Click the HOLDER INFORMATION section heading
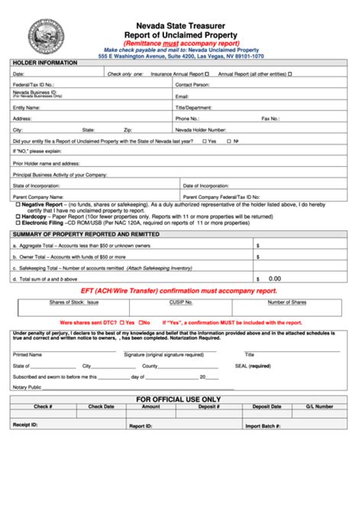(x=45, y=62)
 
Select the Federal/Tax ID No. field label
(x=33, y=85)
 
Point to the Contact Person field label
(x=192, y=85)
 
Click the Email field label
(x=183, y=96)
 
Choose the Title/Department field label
(x=195, y=108)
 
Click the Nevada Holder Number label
(x=201, y=130)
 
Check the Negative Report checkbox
(x=18, y=205)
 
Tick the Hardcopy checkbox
(x=18, y=216)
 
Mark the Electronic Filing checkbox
(x=18, y=222)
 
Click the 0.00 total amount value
(x=275, y=279)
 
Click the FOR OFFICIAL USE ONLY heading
(x=178, y=399)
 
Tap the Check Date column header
(x=101, y=407)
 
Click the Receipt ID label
(x=27, y=425)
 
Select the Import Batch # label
(x=263, y=425)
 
